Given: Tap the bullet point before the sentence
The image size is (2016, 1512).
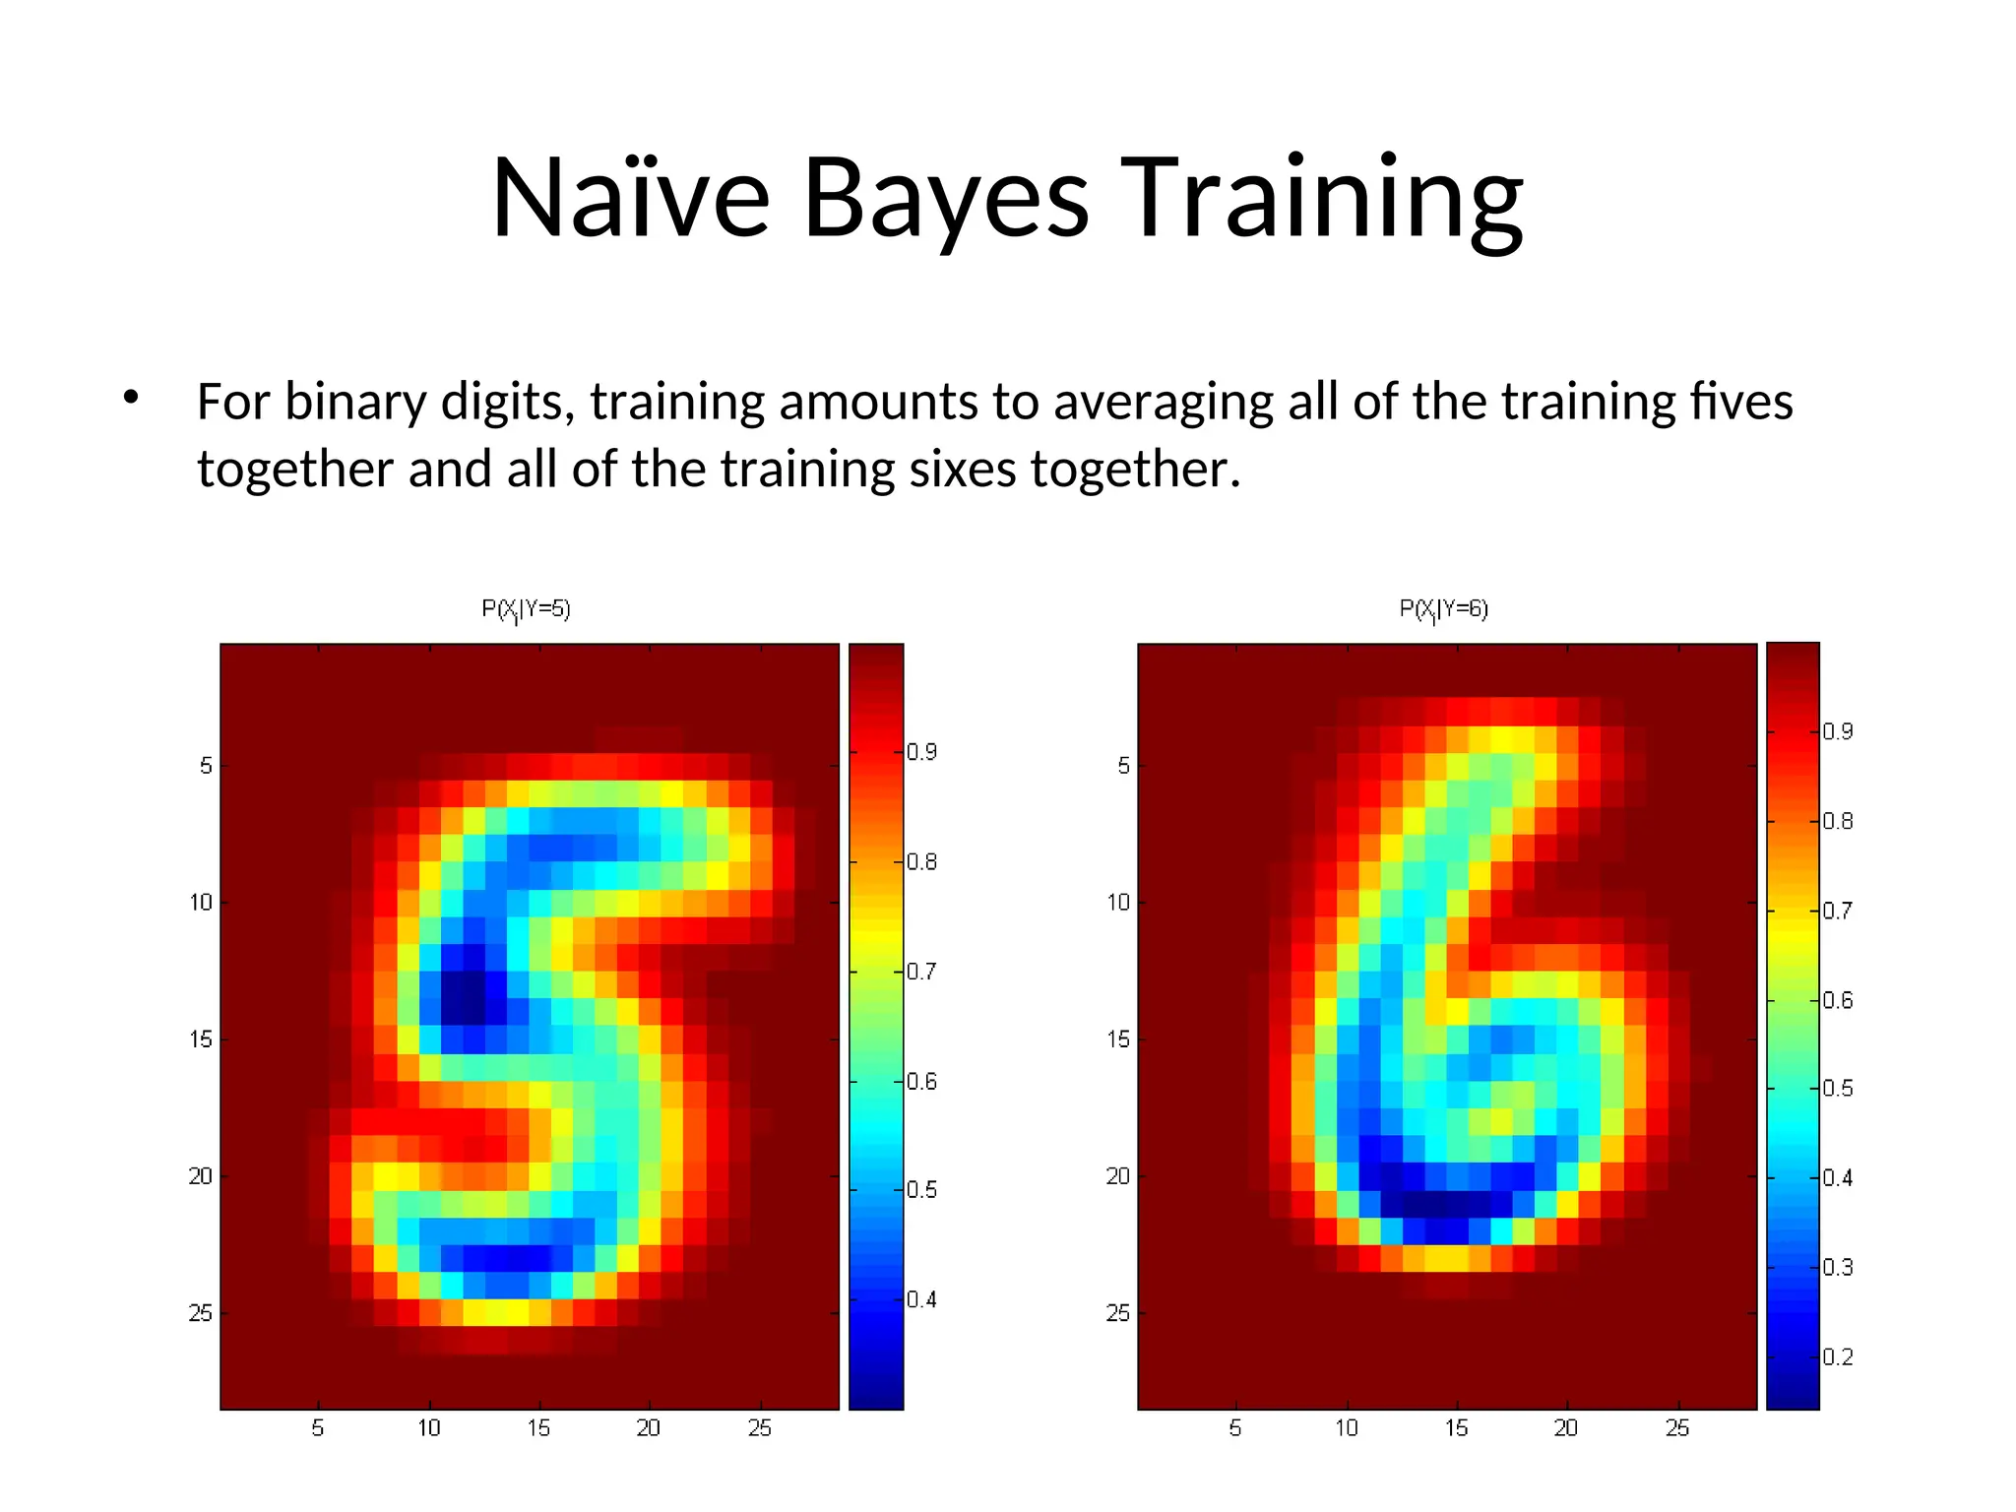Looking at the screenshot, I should point(130,399).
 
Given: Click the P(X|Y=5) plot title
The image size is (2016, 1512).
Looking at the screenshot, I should point(526,609).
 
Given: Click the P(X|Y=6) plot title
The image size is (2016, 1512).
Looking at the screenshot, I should point(1443,609).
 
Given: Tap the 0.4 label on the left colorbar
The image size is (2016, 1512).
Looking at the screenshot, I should point(921,1299).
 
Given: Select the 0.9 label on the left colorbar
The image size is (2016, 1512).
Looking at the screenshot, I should point(921,752).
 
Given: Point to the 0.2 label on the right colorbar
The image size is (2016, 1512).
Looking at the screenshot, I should point(1837,1356).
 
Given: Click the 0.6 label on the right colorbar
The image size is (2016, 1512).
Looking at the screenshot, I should point(1837,1000).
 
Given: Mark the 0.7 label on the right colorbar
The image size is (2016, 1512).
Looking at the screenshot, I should point(1837,911).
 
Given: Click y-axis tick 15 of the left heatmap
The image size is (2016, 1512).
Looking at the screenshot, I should point(200,1039).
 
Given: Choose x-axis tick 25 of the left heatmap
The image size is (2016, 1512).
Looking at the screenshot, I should point(759,1427).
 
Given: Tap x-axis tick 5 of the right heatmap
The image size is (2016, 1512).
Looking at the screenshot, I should point(1234,1427).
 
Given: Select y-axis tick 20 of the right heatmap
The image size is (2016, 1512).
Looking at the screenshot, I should point(1117,1176).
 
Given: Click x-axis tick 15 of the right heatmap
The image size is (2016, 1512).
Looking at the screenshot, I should point(1456,1427).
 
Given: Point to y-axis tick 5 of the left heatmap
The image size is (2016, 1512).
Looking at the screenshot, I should point(205,766).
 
